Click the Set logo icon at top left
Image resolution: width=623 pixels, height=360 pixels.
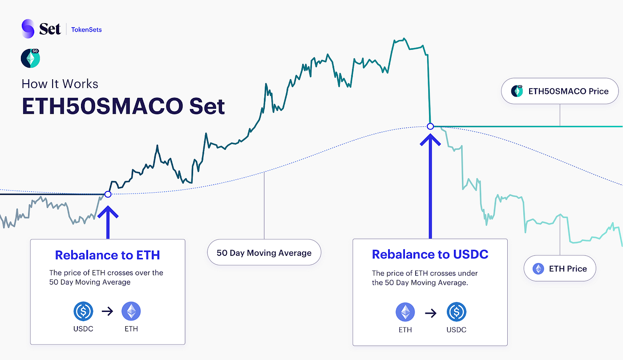coord(28,29)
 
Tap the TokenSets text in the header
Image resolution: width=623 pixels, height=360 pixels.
coord(86,30)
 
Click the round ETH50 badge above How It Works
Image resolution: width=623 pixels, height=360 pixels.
coord(30,58)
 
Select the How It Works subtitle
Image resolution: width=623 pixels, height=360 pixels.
coord(60,84)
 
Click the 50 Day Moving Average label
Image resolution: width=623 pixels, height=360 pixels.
coord(264,253)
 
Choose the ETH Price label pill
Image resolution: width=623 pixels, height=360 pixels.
coord(559,268)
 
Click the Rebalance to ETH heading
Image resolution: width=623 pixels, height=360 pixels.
coord(107,255)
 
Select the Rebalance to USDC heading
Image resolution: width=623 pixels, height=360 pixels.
coord(430,254)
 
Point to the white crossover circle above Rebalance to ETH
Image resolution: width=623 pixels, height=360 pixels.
coord(107,194)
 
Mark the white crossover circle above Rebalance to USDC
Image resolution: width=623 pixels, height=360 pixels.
coord(430,126)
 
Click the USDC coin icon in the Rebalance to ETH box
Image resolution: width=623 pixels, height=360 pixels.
coord(83,311)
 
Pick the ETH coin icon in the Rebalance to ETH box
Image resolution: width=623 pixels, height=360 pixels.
coord(131,311)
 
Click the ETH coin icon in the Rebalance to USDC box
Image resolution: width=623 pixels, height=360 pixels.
coord(405,313)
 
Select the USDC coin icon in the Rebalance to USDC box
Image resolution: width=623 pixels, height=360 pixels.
coord(456,313)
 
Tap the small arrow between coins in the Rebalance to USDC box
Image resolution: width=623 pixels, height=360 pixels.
coord(430,313)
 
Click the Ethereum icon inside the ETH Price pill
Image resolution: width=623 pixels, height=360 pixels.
coord(538,268)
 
